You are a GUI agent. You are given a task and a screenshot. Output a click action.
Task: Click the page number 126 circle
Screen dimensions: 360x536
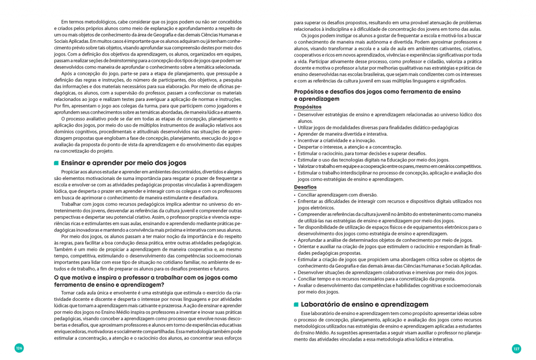point(19,348)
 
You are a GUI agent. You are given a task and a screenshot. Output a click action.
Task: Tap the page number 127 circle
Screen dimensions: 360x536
point(516,348)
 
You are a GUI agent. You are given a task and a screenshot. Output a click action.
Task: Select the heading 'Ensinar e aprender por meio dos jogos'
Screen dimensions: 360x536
point(124,163)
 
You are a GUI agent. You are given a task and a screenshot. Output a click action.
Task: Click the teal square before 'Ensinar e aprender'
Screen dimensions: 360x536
point(56,163)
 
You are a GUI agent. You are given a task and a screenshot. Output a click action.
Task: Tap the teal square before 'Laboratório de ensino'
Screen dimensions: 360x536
point(296,305)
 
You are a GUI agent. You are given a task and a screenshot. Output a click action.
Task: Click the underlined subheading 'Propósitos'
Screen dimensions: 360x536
point(308,107)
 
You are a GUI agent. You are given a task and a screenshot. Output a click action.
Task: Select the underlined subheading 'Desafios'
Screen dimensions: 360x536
point(305,187)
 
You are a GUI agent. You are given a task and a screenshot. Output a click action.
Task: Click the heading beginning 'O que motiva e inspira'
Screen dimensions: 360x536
point(146,281)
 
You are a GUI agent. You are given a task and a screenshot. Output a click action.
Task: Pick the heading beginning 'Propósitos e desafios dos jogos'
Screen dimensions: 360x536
point(384,95)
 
